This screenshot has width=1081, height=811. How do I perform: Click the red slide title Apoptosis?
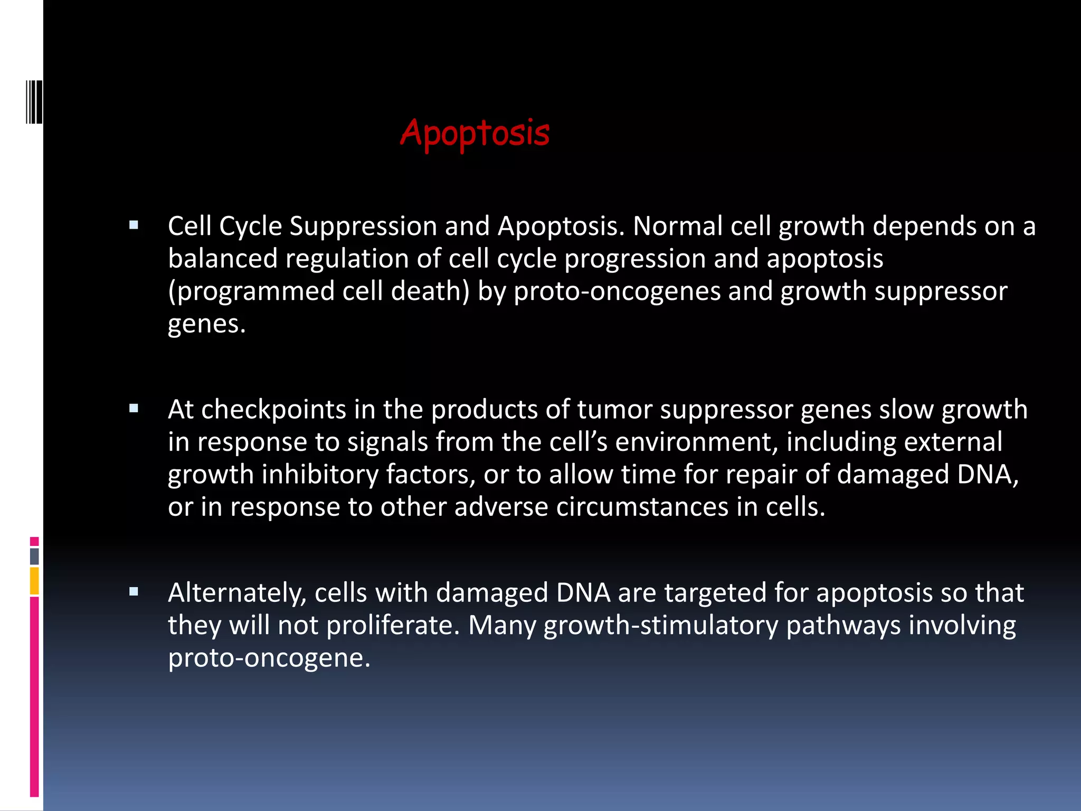475,133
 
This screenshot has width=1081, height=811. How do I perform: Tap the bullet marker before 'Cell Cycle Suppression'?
134,225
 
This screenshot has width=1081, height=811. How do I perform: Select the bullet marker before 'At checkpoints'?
134,408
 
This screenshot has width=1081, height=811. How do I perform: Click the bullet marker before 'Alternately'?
134,592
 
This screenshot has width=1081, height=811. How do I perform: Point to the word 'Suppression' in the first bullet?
363,227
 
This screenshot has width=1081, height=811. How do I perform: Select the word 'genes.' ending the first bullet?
206,324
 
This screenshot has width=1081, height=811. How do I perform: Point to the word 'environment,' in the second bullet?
697,442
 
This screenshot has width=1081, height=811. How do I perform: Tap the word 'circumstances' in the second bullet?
642,507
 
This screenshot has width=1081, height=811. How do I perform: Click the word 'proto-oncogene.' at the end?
269,658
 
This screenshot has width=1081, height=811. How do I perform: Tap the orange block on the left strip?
34,581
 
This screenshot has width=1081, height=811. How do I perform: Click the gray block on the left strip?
34,556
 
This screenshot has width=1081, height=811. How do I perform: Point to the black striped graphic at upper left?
34,101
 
